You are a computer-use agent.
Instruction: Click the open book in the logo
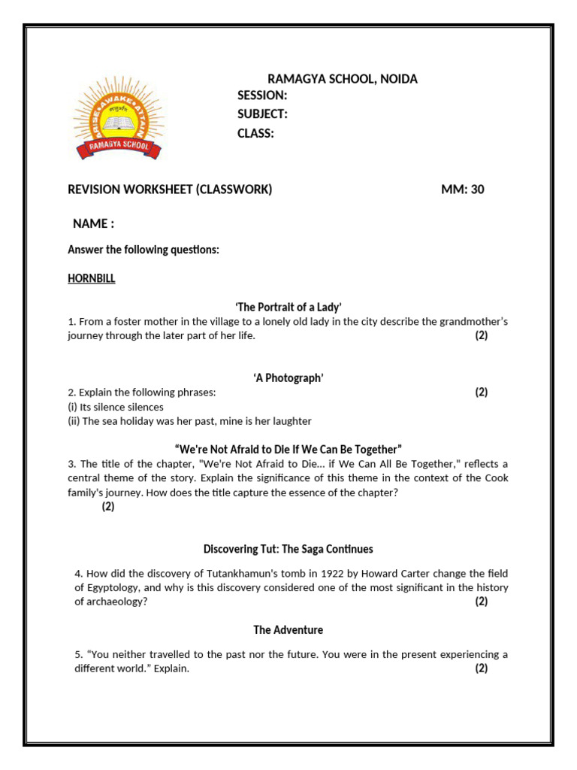coord(116,122)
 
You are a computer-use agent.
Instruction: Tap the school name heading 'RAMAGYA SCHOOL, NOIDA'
coord(343,79)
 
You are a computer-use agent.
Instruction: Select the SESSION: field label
coord(262,95)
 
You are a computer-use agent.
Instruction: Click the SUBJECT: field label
coord(262,114)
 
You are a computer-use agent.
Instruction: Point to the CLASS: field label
coord(255,134)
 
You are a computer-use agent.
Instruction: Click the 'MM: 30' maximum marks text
coord(462,189)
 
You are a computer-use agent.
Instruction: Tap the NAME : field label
coord(93,224)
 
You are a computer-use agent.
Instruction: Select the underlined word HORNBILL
coord(92,278)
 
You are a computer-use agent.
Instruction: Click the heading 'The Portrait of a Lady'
coord(288,307)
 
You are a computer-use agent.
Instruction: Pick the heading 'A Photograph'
coord(288,378)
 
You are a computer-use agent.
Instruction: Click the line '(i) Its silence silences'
coord(116,407)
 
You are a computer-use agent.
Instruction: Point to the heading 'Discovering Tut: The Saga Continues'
coord(288,549)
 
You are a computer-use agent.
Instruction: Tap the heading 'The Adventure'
coord(288,630)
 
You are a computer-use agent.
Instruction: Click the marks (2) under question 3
coord(108,507)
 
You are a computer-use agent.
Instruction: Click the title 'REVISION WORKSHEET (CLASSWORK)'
coord(170,189)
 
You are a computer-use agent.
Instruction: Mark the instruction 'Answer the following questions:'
coord(143,250)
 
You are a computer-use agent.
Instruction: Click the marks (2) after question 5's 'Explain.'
coord(481,668)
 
